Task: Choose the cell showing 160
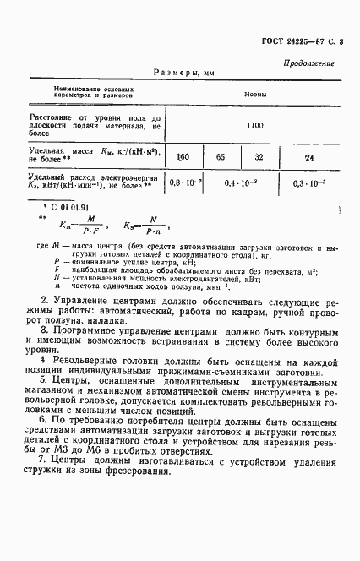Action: click(183, 156)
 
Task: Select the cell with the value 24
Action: click(309, 156)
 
